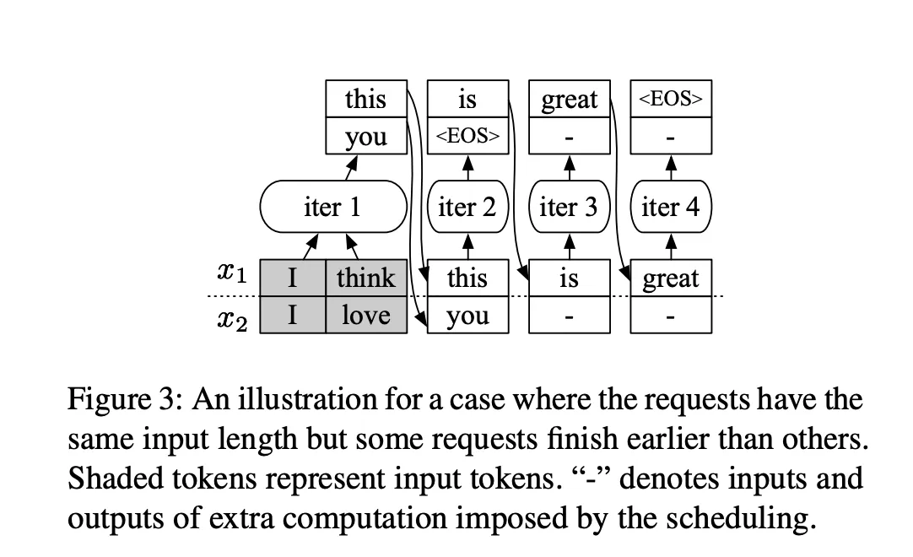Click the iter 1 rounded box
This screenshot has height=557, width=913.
click(333, 206)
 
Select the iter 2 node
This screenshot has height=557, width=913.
click(467, 206)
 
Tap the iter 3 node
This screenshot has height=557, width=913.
click(569, 206)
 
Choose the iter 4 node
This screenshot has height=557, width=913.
click(671, 206)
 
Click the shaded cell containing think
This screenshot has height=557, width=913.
click(366, 278)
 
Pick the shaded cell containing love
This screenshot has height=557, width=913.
click(366, 315)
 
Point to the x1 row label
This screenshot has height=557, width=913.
click(232, 273)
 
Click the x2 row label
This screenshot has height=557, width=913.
click(232, 319)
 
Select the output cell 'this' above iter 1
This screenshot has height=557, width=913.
click(366, 99)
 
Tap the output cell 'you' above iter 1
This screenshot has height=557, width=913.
click(366, 136)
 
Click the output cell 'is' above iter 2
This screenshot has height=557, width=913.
click(467, 99)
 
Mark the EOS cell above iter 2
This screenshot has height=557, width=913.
click(467, 136)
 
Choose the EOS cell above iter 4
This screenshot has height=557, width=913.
click(671, 99)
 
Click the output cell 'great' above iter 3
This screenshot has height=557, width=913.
click(569, 99)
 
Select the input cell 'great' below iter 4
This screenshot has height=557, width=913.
click(671, 278)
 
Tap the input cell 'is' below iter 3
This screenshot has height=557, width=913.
click(569, 278)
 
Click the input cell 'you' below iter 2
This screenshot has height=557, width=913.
click(467, 315)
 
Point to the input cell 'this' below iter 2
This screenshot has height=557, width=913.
click(467, 278)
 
